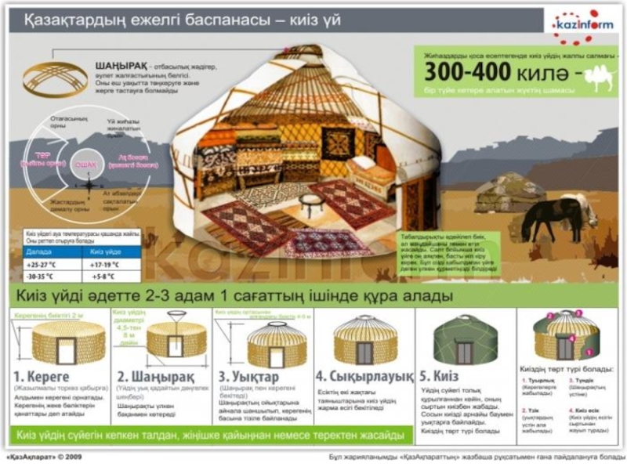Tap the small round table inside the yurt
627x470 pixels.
pyautogui.click(x=310, y=205)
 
